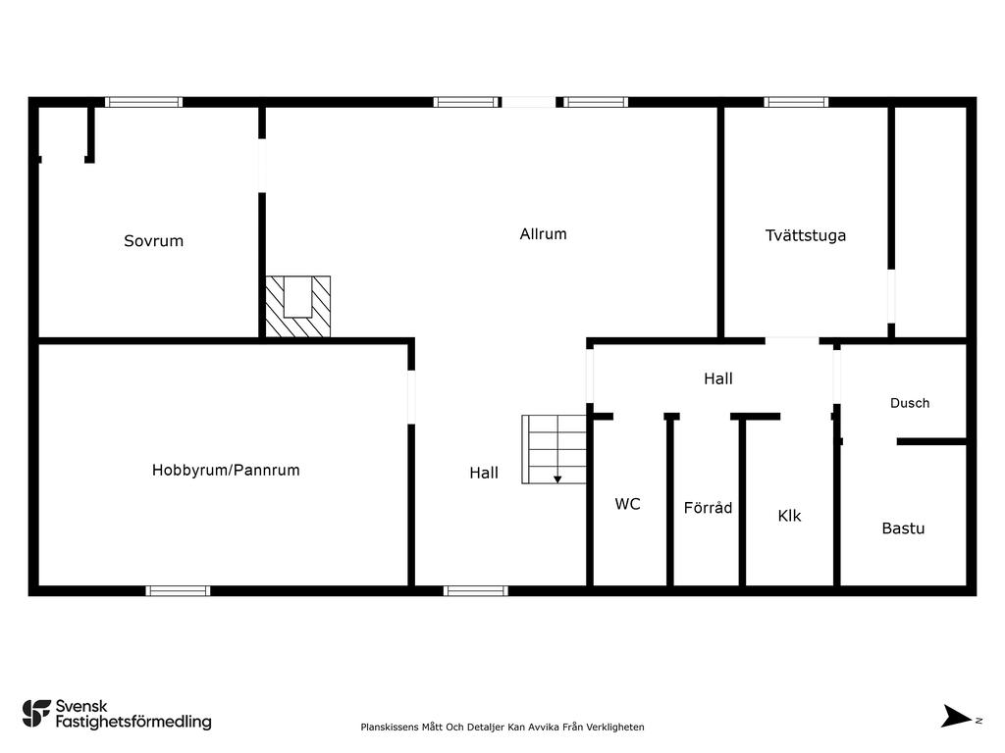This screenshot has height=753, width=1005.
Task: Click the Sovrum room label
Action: tap(153, 241)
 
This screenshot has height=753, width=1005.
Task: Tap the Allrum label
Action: tap(543, 234)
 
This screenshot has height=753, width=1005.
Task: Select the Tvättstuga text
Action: tap(805, 235)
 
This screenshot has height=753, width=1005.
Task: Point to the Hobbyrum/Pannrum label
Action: tap(226, 471)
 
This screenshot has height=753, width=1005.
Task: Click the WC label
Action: tap(627, 504)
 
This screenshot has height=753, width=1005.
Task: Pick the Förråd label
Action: tap(708, 508)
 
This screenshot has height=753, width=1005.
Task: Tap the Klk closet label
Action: tap(789, 516)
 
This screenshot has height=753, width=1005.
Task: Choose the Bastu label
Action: tap(903, 528)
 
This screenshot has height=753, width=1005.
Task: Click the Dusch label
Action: tap(909, 403)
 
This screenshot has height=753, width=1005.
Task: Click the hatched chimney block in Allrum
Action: tap(298, 306)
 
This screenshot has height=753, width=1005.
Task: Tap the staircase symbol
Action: tap(555, 448)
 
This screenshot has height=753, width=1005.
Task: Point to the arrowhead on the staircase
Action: tap(557, 478)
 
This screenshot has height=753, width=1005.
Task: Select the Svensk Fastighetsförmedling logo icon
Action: tap(36, 713)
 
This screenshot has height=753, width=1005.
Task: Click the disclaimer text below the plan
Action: tap(502, 727)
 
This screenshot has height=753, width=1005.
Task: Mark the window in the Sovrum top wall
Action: tap(143, 102)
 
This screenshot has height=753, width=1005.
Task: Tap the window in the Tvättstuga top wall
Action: tap(796, 102)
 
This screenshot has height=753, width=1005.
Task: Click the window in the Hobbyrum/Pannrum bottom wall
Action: tap(178, 590)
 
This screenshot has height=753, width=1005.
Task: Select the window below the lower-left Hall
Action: tap(475, 590)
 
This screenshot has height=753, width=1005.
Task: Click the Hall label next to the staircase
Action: tap(484, 473)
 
